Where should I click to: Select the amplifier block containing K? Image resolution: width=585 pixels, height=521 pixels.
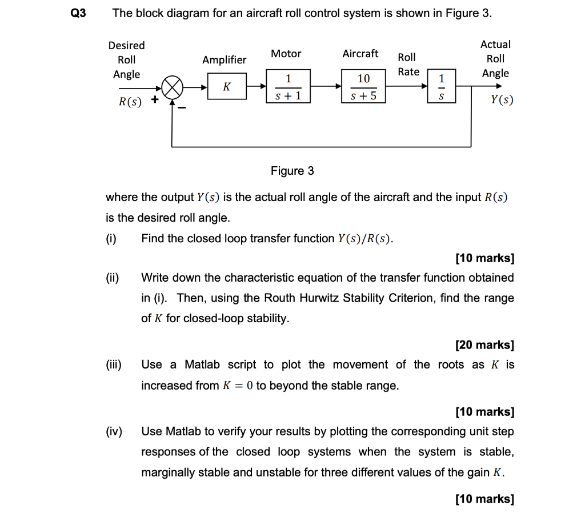[x=227, y=87]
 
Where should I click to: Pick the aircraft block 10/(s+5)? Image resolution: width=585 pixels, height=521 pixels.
[x=363, y=87]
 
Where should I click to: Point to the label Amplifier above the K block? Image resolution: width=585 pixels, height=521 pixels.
[x=225, y=60]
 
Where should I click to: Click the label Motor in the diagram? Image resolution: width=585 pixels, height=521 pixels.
[x=286, y=54]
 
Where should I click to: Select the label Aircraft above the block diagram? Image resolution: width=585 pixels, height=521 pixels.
[x=360, y=54]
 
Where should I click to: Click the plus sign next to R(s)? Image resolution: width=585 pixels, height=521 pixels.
[x=154, y=101]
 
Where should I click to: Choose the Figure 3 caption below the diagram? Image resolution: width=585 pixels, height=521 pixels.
[x=292, y=171]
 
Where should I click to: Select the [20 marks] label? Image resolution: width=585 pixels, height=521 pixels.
[x=484, y=345]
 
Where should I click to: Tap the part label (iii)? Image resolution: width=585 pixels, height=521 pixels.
[x=114, y=364]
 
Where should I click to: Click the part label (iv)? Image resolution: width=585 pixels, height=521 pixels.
[x=114, y=431]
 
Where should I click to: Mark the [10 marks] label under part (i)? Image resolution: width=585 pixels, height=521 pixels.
[x=484, y=258]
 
